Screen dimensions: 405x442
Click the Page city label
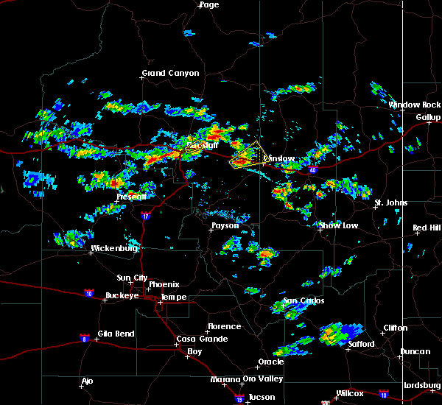[x=209, y=5]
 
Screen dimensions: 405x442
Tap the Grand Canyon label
[x=164, y=74]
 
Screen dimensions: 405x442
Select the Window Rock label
[x=415, y=105]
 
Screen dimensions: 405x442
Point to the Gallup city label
[x=428, y=118]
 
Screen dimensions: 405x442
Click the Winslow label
[x=279, y=159]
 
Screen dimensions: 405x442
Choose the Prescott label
[x=132, y=197]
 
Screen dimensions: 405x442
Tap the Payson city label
[x=225, y=226]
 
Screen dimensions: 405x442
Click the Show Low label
[x=339, y=225]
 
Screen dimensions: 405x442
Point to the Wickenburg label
[x=113, y=249]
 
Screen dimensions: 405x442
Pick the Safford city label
[x=362, y=344]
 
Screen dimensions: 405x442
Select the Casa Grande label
[x=197, y=339]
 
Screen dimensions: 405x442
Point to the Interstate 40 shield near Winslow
[x=312, y=170]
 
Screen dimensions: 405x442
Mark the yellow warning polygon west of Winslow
[x=246, y=155]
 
